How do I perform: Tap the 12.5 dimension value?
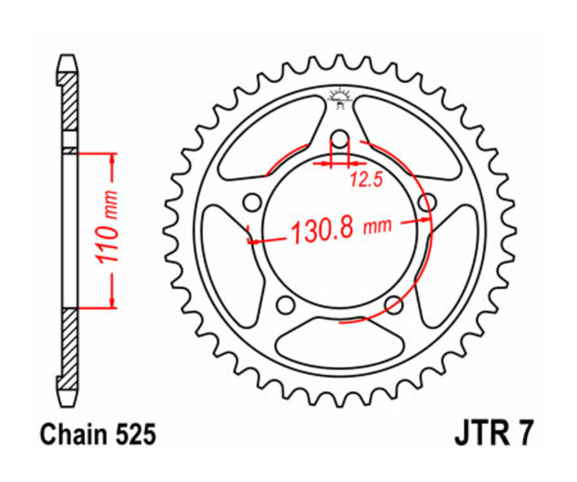(x=366, y=180)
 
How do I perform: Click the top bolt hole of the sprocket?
(x=340, y=140)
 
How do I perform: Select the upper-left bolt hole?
(x=253, y=203)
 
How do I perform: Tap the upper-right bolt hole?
(x=426, y=203)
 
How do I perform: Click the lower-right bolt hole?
(x=393, y=304)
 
